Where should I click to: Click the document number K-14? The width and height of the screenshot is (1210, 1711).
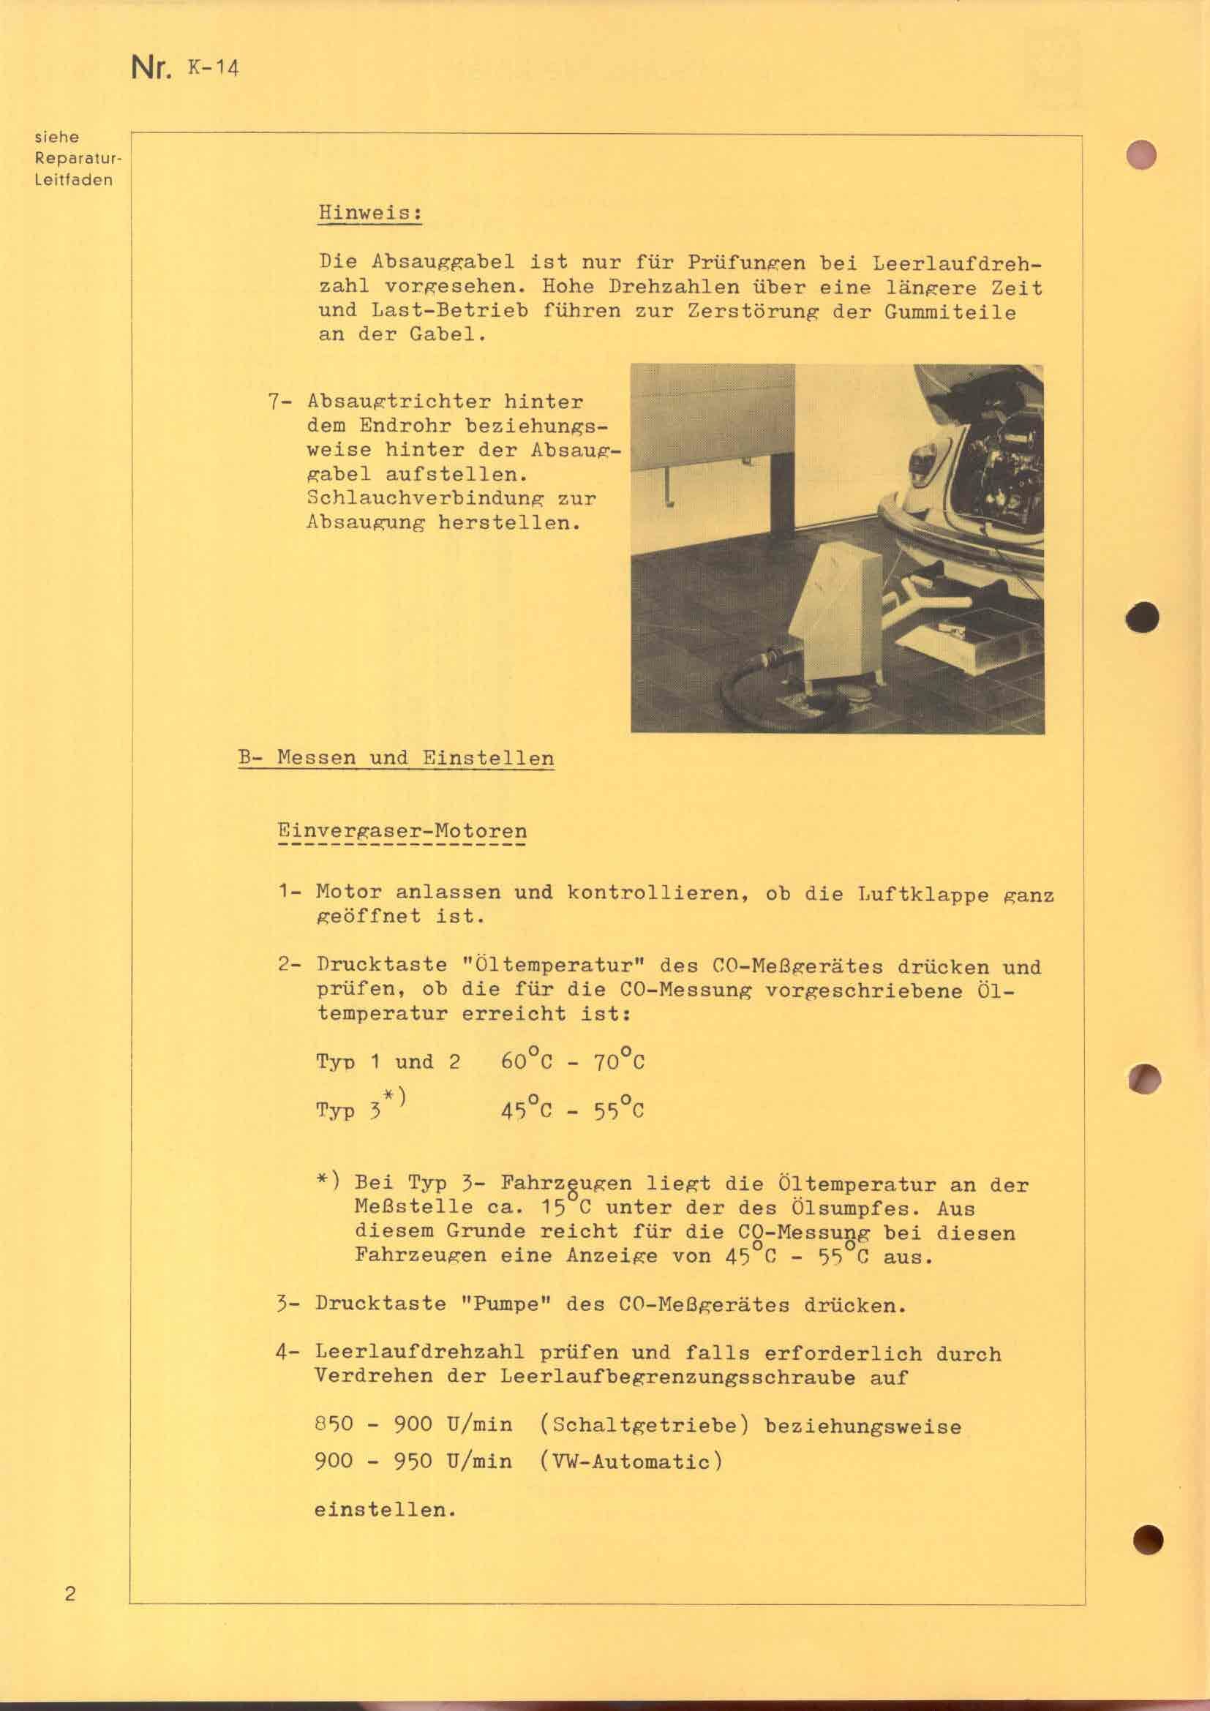[x=213, y=69]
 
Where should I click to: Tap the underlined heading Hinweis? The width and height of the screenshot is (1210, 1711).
[x=370, y=212]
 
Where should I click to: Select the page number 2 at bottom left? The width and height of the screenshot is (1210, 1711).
[x=70, y=1594]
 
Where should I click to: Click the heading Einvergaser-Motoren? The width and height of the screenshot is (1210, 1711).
[x=402, y=831]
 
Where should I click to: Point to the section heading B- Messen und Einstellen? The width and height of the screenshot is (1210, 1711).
[x=396, y=759]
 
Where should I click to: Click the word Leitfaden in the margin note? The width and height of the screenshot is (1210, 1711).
[x=74, y=180]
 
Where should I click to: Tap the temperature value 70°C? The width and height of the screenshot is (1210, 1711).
[x=618, y=1061]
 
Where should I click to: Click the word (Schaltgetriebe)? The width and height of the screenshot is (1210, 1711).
[x=643, y=1426]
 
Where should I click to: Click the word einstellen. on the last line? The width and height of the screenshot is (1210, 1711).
[x=385, y=1510]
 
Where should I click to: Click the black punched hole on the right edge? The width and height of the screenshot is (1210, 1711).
[x=1142, y=617]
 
